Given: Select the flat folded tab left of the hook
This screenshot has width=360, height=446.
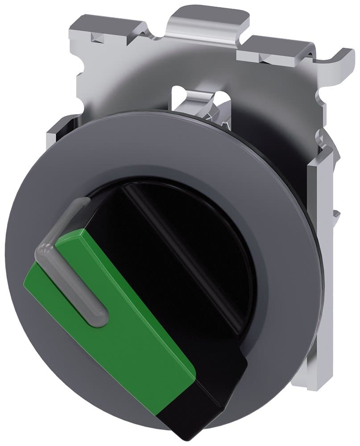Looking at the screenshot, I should [272, 49].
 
